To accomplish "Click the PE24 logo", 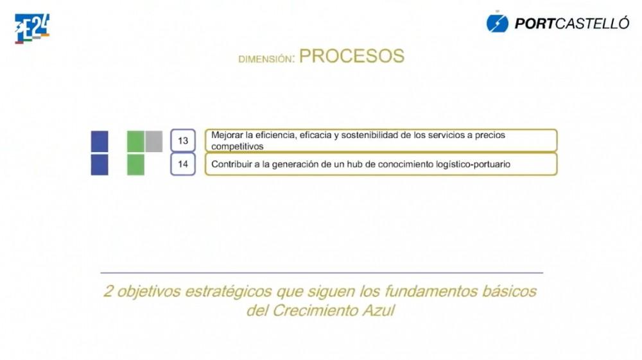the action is (x=32, y=29).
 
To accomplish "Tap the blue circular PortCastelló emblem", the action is (x=497, y=23).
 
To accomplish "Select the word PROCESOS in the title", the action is (x=352, y=56).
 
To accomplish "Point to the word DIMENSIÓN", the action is (x=265, y=59).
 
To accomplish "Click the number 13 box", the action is (x=182, y=141).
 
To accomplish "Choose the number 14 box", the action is (x=182, y=164).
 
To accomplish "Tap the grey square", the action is (x=153, y=141).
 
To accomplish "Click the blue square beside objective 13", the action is (x=100, y=142).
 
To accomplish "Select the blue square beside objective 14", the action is (x=100, y=164).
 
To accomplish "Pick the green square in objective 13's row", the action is (x=135, y=142).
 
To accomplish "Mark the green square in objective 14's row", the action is (x=135, y=164).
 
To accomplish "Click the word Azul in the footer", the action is (x=379, y=311).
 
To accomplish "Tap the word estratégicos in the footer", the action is (x=229, y=292).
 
